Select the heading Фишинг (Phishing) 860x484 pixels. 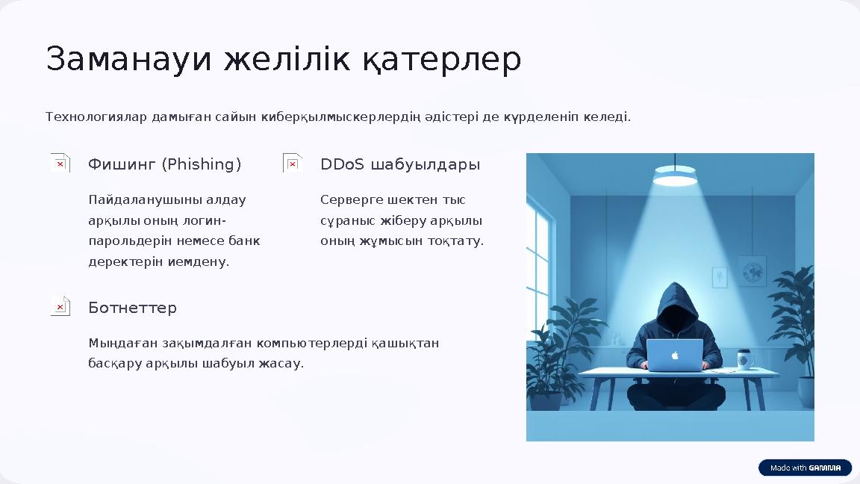(164, 164)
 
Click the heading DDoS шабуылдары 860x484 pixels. (399, 164)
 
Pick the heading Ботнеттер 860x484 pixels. (132, 308)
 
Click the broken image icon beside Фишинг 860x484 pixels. (60, 163)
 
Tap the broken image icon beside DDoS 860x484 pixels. (293, 163)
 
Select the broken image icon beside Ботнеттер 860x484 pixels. (60, 306)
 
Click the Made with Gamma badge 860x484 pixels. (805, 468)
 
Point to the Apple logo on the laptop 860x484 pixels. (675, 355)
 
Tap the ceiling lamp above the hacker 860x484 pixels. (675, 177)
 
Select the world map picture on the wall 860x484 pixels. (752, 270)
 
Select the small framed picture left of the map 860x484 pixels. (720, 277)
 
